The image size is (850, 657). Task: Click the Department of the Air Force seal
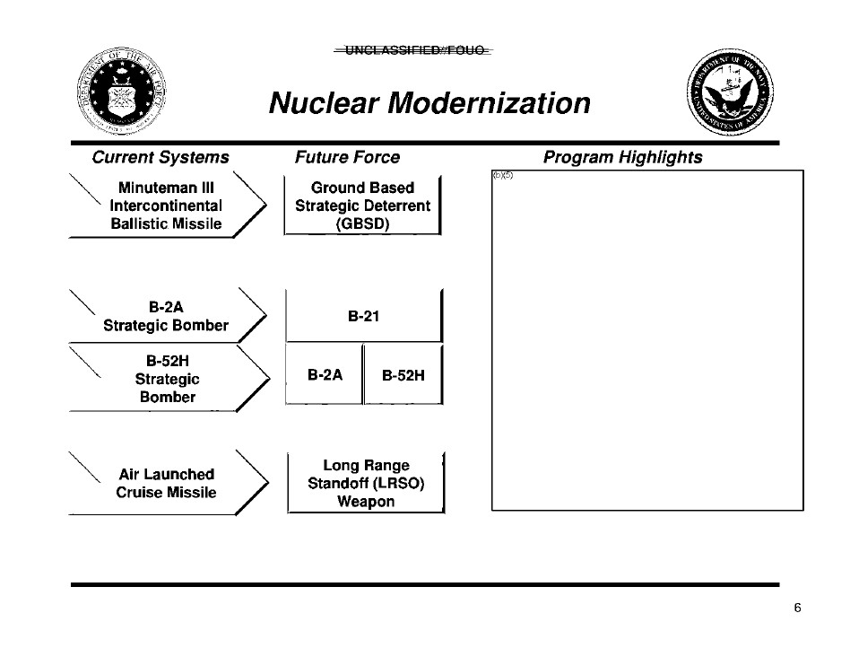(x=118, y=93)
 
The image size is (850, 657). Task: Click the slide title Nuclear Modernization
(x=429, y=103)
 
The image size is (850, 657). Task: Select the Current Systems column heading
(x=160, y=158)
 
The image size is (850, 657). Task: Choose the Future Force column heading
(x=347, y=158)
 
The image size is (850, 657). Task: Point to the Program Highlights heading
(x=622, y=158)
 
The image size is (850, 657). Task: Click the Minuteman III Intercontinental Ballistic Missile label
(x=166, y=206)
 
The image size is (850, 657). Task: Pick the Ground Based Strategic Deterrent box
(x=362, y=206)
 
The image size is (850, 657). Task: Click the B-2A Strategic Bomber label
(x=166, y=317)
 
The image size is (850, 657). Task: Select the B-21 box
(x=363, y=316)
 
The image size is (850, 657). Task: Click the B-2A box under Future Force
(x=325, y=374)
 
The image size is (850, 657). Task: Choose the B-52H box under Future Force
(x=403, y=375)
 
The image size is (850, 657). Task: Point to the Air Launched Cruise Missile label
(x=166, y=483)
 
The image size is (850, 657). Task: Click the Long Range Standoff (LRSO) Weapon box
(x=366, y=484)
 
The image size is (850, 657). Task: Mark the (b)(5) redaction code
(x=502, y=174)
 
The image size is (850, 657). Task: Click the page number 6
(x=797, y=609)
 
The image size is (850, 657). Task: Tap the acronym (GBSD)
(x=362, y=223)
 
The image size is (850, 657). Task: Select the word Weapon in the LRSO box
(x=366, y=502)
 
